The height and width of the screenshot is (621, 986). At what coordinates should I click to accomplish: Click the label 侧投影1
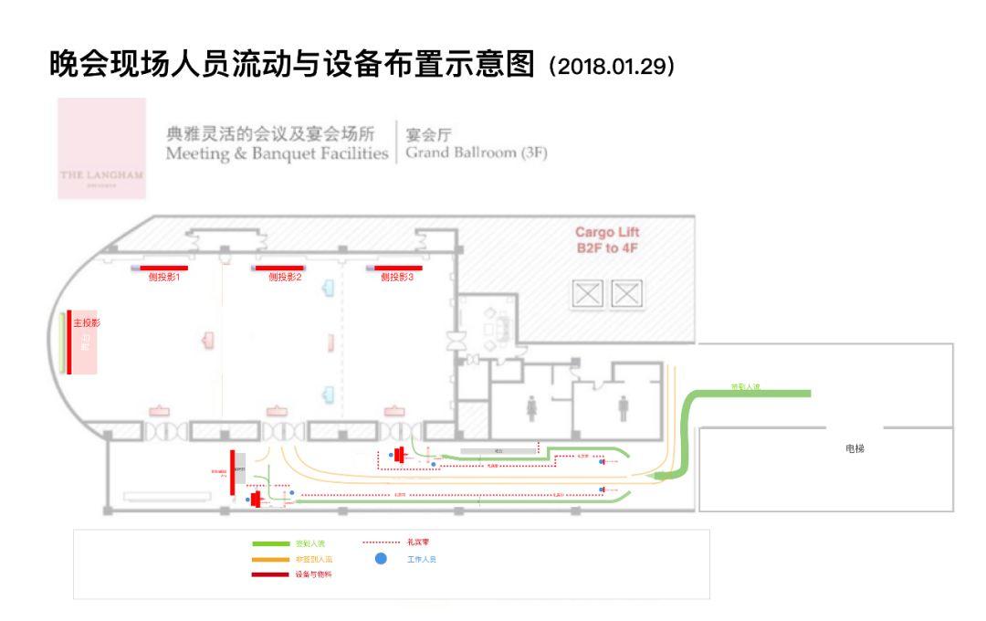point(164,277)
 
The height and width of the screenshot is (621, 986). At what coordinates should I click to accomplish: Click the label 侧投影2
point(285,277)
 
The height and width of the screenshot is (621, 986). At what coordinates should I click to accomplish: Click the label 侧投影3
point(397,277)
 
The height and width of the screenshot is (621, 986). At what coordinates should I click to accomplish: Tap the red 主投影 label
point(87,323)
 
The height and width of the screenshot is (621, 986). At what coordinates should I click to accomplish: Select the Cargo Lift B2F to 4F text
point(607,240)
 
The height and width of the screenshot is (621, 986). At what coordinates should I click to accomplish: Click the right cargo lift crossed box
point(627,293)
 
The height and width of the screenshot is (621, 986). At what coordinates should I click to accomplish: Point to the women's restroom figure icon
point(532,409)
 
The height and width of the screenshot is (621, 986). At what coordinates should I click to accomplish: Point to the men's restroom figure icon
point(624,409)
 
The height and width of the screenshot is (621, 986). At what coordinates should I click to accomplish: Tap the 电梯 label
point(855,448)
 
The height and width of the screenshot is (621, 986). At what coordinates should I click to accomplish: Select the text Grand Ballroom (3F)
point(476,153)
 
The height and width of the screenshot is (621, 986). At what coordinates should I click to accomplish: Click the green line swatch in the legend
point(269,543)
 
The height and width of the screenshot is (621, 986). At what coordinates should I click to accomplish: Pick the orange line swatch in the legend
point(269,559)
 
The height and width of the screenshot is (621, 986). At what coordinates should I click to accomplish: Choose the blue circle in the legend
point(381,559)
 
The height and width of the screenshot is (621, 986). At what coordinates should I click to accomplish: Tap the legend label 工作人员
point(422,559)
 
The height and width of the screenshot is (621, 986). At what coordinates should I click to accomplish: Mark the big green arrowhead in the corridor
point(666,474)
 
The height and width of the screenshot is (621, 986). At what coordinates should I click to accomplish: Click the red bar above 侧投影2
point(278,268)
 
